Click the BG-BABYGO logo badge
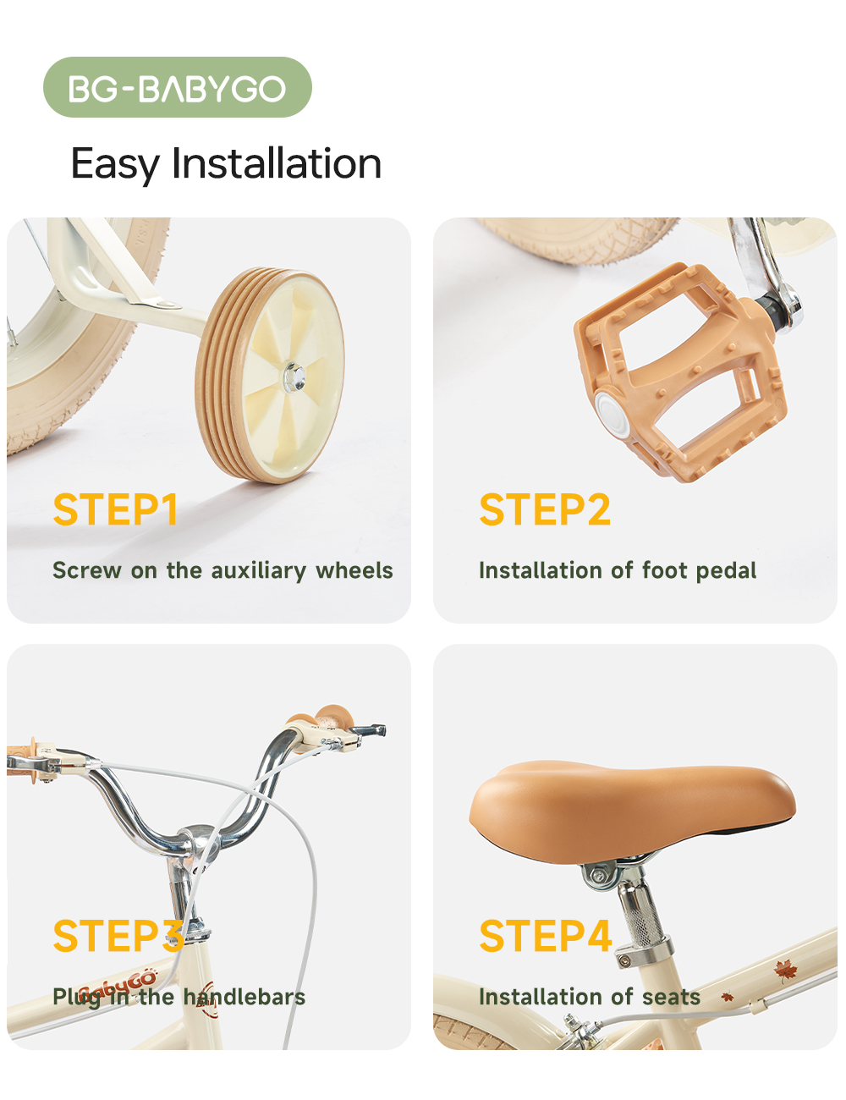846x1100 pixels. pyautogui.click(x=177, y=87)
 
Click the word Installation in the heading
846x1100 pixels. pyautogui.click(x=277, y=163)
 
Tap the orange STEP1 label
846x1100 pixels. pyautogui.click(x=115, y=509)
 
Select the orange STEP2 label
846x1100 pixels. pyautogui.click(x=545, y=509)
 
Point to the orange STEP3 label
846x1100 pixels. pyautogui.click(x=118, y=936)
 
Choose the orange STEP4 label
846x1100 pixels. pyautogui.click(x=546, y=936)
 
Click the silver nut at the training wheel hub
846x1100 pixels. pyautogui.click(x=294, y=377)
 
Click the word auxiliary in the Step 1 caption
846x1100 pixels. pyautogui.click(x=259, y=570)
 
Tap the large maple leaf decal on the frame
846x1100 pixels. pyautogui.click(x=785, y=968)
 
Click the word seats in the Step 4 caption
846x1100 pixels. pyautogui.click(x=671, y=998)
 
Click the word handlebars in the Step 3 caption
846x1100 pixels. pyautogui.click(x=244, y=997)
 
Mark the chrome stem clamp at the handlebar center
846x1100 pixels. pyautogui.click(x=196, y=841)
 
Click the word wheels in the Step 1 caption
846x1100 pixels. pyautogui.click(x=354, y=570)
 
